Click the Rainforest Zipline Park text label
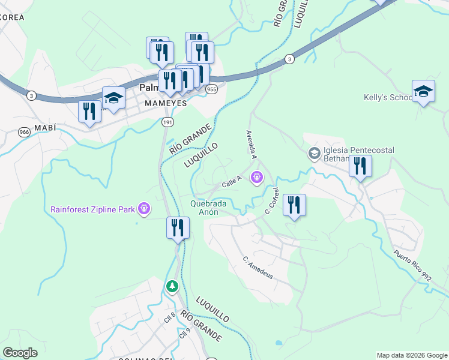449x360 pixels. pos(92,209)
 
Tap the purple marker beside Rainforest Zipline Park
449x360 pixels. pos(144,209)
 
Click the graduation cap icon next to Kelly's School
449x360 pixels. pos(423,91)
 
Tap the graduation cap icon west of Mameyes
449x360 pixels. pos(113,97)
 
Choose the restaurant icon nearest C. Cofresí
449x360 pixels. pos(294,205)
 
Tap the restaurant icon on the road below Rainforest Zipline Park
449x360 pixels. pos(178,227)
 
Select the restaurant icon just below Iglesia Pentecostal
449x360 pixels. pos(360,166)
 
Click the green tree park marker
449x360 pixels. pos(172,287)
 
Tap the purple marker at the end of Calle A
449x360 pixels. pos(257,178)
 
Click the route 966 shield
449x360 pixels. pos(24,132)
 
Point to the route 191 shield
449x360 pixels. pos(167,122)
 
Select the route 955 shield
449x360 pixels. pos(211,89)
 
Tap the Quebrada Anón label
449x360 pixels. pos(208,208)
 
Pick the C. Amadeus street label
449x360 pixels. pos(259,268)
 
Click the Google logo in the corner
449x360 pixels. pos(20,353)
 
